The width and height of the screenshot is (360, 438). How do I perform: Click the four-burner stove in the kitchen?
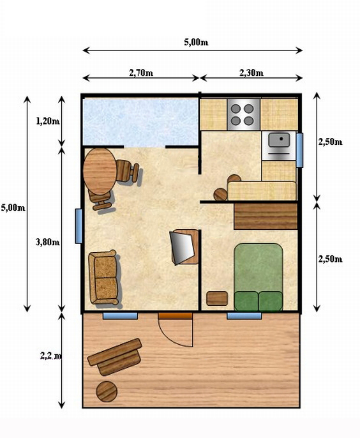244,114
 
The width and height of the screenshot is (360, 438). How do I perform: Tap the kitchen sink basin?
279,140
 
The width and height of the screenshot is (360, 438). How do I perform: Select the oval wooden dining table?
100,171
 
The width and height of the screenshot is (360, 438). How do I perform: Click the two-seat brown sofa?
103,277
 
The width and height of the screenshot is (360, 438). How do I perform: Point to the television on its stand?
183,248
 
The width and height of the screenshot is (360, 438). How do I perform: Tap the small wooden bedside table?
217,298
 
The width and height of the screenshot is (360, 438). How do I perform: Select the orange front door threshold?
176,315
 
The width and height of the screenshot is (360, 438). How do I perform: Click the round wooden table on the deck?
107,391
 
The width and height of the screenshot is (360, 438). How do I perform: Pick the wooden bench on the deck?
114,357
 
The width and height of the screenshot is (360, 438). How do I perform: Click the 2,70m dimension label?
141,73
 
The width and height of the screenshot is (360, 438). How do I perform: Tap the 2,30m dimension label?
251,73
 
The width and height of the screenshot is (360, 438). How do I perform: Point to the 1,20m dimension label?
48,121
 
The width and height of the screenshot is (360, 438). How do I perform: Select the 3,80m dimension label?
47,242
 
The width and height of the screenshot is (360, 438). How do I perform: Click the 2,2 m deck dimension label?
51,356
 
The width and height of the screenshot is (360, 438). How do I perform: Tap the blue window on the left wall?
79,226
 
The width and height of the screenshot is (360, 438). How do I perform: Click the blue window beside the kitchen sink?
299,150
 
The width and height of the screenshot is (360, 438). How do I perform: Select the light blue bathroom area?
141,122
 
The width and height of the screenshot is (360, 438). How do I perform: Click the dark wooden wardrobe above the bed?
266,216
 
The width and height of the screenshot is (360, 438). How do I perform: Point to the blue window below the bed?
244,316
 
